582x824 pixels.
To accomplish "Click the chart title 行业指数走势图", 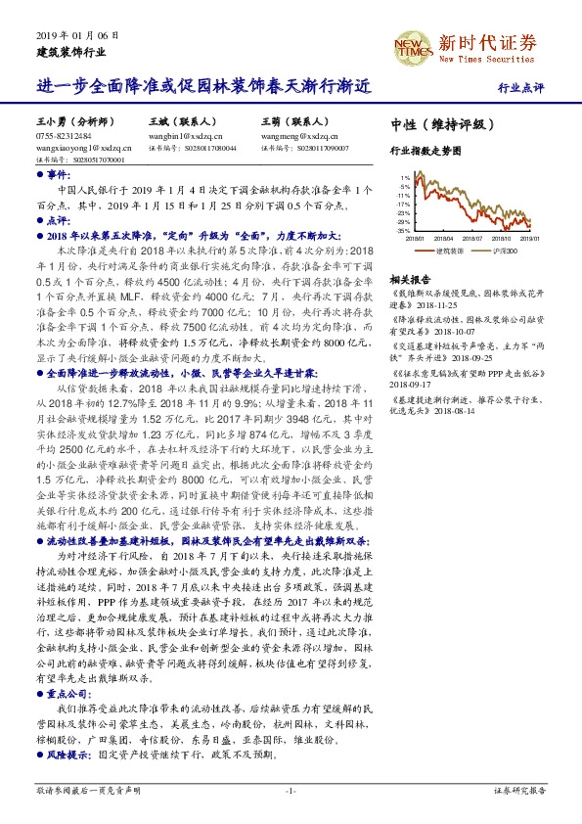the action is click(425, 153).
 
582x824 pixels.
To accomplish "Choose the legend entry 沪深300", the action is click(507, 252).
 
